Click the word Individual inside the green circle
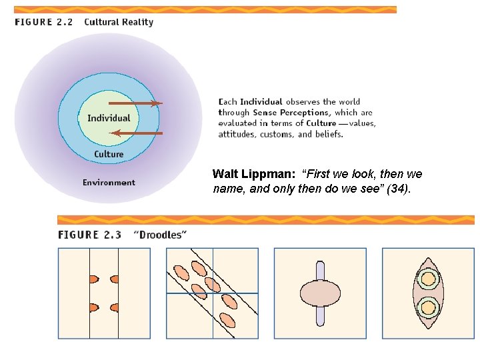tap(109, 118)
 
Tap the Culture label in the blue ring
tap(109, 154)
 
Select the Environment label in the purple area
tap(109, 183)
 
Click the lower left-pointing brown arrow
tap(136, 133)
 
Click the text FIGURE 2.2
tap(43, 22)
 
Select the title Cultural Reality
tap(119, 22)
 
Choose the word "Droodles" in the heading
tap(160, 235)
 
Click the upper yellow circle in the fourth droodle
tap(427, 279)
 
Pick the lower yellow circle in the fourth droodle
tap(427, 308)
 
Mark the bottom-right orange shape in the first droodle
tap(114, 308)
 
